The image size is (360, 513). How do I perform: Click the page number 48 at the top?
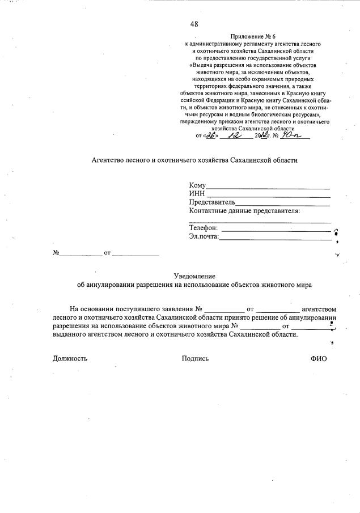click(x=194, y=24)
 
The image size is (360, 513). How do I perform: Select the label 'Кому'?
click(x=197, y=185)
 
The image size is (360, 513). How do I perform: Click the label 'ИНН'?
click(x=197, y=194)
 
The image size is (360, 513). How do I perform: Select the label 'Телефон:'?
click(x=204, y=228)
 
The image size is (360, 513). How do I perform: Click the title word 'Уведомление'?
click(x=194, y=275)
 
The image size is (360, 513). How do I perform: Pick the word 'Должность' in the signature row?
click(x=70, y=358)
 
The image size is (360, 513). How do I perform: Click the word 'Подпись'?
click(x=195, y=358)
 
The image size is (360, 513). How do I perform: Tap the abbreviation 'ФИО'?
click(x=319, y=358)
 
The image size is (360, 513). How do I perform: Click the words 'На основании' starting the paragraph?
click(x=92, y=309)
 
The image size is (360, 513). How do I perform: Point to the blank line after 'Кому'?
click(x=268, y=186)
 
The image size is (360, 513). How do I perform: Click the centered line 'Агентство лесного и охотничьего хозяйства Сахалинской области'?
click(x=194, y=160)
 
